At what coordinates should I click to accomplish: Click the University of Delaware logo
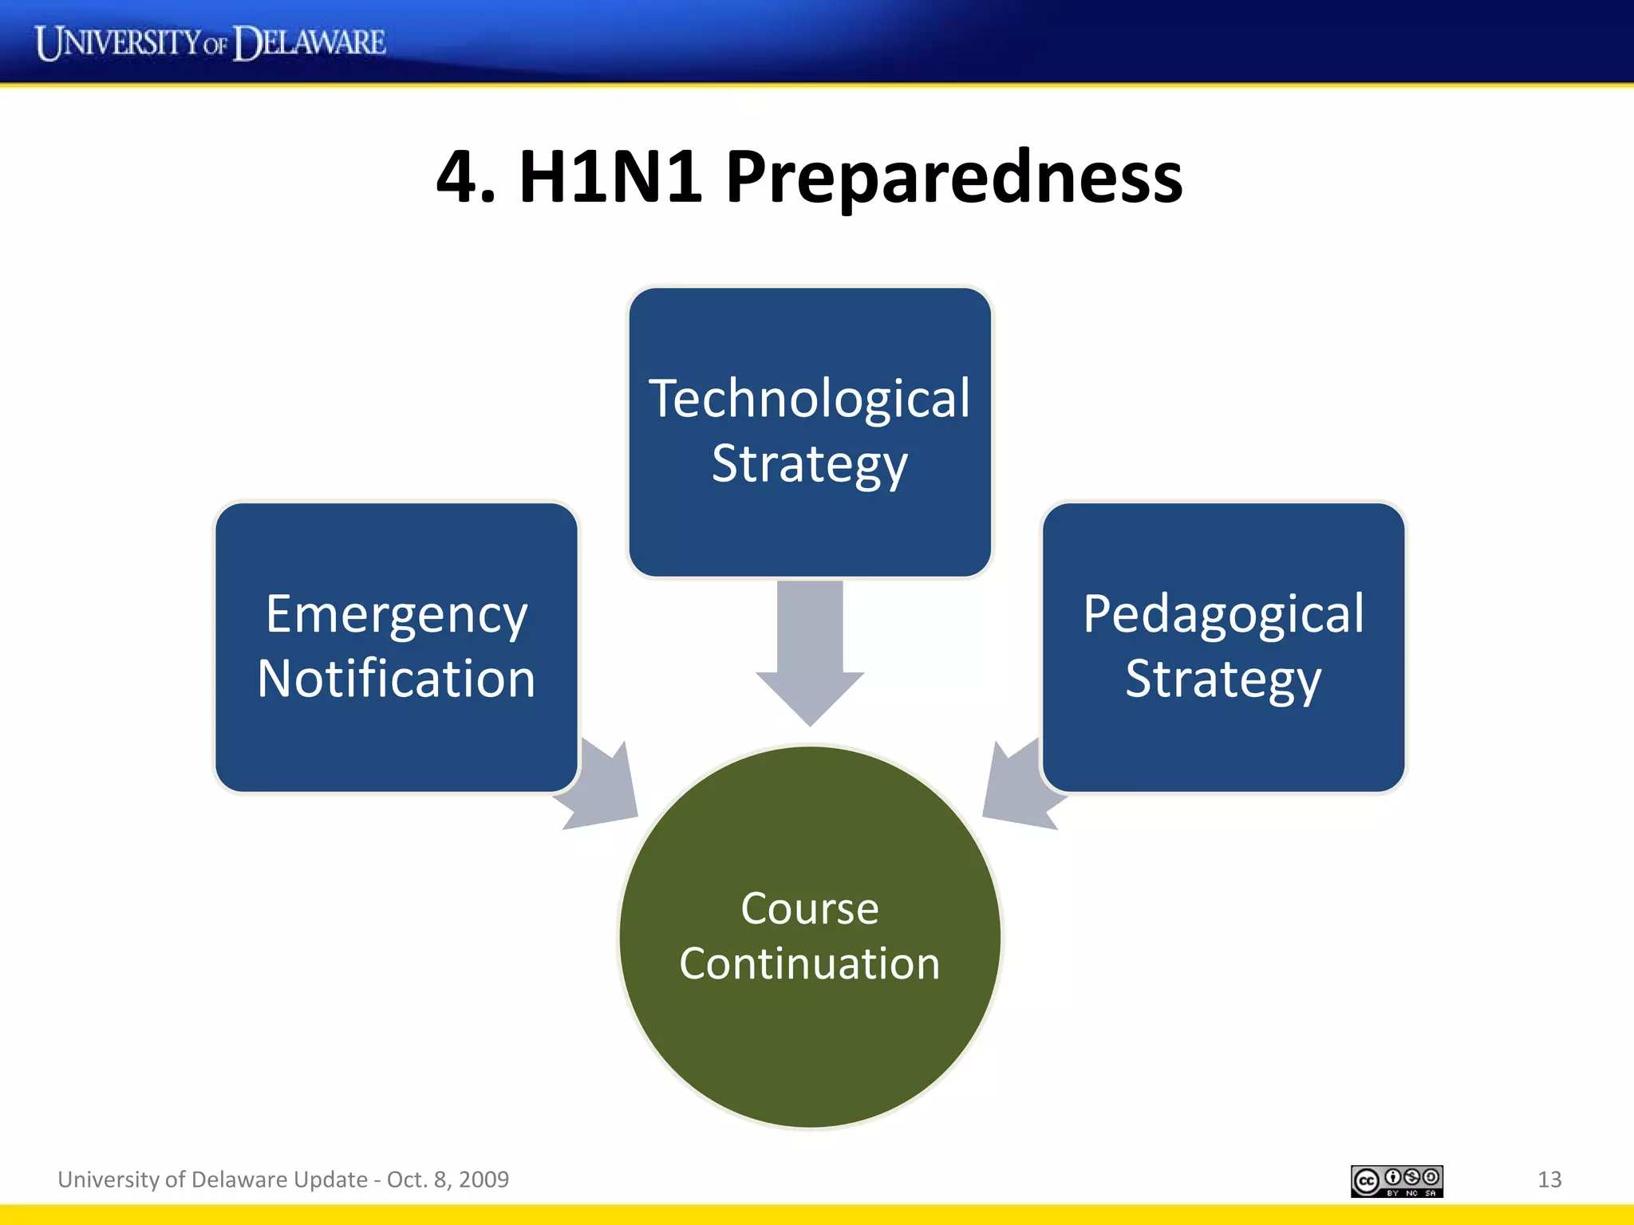pyautogui.click(x=210, y=42)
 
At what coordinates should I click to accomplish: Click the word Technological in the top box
pyautogui.click(x=809, y=399)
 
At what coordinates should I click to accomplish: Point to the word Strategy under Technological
pyautogui.click(x=809, y=464)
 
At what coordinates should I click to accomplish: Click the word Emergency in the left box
pyautogui.click(x=397, y=614)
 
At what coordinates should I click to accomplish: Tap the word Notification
pyautogui.click(x=397, y=679)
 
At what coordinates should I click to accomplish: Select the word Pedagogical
pyautogui.click(x=1223, y=614)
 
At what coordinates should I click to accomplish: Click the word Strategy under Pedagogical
pyautogui.click(x=1223, y=679)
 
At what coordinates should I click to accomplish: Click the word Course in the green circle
pyautogui.click(x=809, y=908)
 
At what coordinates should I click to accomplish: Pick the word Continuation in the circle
pyautogui.click(x=809, y=963)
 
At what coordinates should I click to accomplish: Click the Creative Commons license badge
pyautogui.click(x=1396, y=1181)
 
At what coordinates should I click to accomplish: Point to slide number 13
pyautogui.click(x=1549, y=1180)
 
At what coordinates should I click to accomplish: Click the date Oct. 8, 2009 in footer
pyautogui.click(x=448, y=1180)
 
